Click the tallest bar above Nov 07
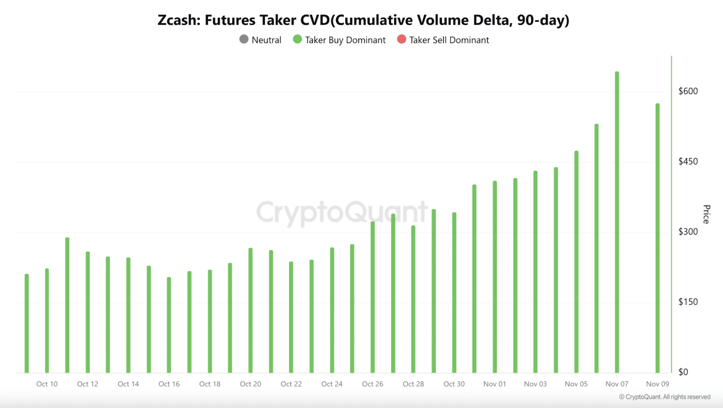[617, 221]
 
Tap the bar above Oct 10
[47, 321]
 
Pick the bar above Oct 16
[169, 325]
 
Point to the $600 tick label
[688, 91]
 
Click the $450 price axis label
[688, 161]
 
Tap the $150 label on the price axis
[688, 302]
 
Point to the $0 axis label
[683, 372]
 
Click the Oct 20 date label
[250, 384]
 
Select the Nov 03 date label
[535, 384]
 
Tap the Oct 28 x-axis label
[413, 384]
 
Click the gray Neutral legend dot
[244, 39]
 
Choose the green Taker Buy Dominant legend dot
[297, 39]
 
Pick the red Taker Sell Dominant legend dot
[401, 39]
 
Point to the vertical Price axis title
[706, 214]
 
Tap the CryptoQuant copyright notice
[664, 397]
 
